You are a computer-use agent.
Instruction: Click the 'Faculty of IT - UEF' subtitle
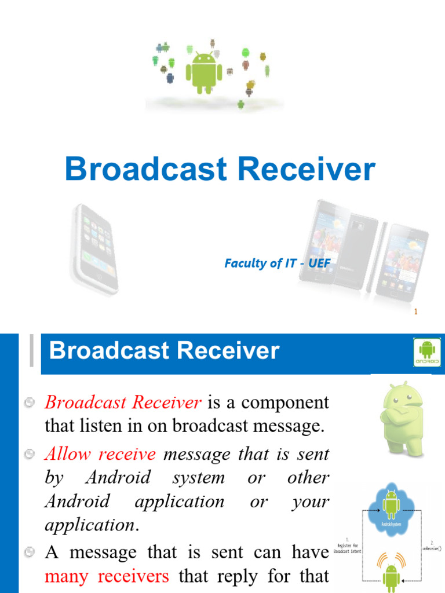277,263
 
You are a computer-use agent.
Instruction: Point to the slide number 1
415,312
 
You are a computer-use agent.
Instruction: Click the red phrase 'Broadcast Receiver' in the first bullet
123,402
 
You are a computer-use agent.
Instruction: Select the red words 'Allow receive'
100,454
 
